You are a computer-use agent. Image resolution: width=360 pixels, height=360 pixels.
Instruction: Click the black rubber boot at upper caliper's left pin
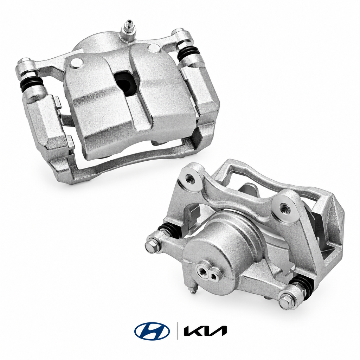[32, 84]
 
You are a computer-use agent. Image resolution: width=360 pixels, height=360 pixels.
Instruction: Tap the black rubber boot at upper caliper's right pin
[189, 54]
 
